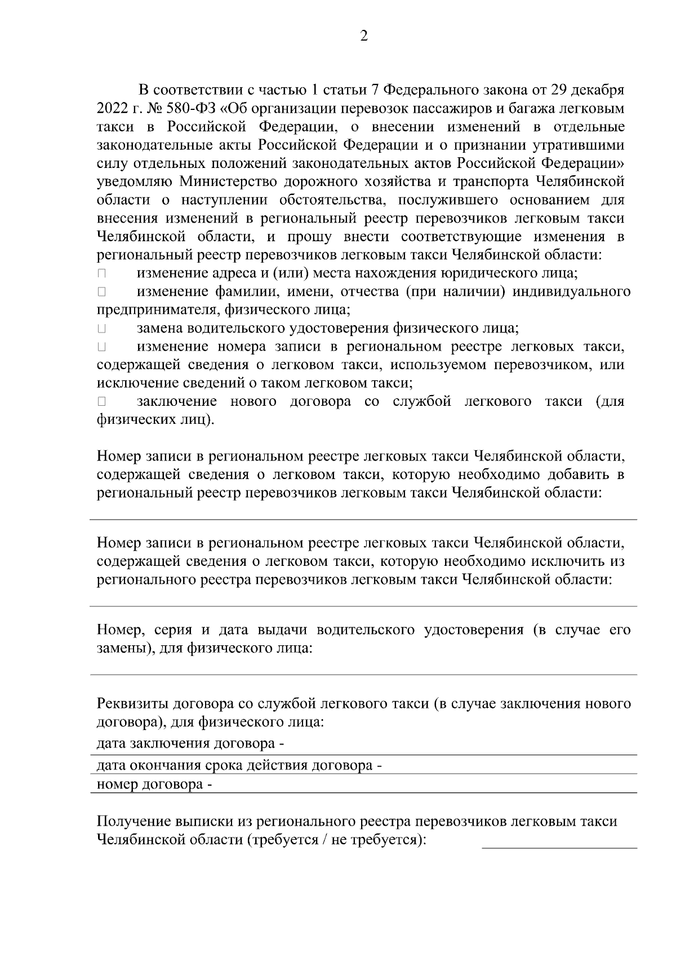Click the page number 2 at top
[x=363, y=37]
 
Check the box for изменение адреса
[x=101, y=274]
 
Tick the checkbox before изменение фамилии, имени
[x=101, y=293]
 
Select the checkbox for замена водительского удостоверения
[x=101, y=329]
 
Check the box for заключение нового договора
[x=101, y=402]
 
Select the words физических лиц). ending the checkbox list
[x=155, y=420]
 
